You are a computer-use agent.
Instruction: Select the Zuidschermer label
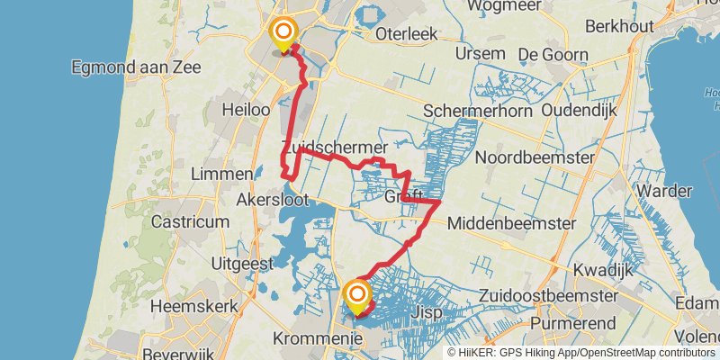point(334,146)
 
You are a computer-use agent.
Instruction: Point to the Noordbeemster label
point(535,157)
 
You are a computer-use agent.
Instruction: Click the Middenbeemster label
point(509,221)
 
